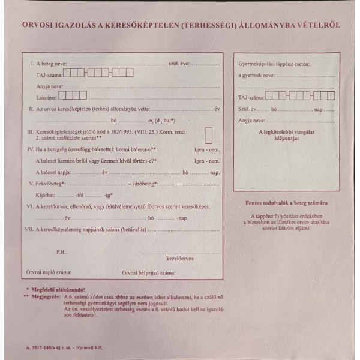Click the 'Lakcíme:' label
[x=46, y=97]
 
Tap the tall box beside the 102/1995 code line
[x=209, y=135]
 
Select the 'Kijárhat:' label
[x=47, y=195]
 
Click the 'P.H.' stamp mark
[x=60, y=251]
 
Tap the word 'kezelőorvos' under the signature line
[x=179, y=259]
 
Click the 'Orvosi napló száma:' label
[x=49, y=272]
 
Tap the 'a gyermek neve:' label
[x=256, y=75]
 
